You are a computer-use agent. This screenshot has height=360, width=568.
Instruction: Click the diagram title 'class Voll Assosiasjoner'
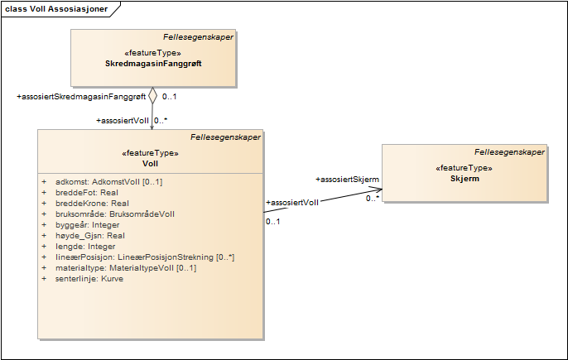tap(56, 8)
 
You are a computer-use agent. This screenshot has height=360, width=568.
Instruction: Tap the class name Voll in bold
tap(150, 163)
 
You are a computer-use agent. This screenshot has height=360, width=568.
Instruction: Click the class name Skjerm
tap(465, 178)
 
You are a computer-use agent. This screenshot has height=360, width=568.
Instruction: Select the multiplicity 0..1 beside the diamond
tap(170, 97)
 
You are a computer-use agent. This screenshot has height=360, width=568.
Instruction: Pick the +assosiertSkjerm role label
tap(348, 179)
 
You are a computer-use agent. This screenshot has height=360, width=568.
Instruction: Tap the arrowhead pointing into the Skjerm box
tap(377, 194)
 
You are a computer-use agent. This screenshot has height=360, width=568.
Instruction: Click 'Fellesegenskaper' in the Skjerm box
tap(509, 152)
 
